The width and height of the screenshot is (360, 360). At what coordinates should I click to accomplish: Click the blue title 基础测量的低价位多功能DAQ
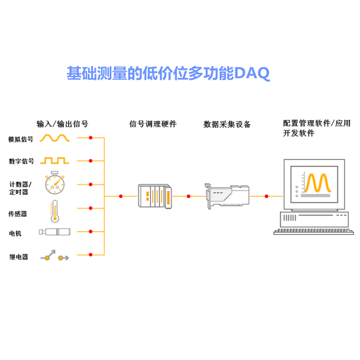pyautogui.click(x=168, y=73)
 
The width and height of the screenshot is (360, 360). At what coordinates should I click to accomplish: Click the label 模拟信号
pyautogui.click(x=21, y=139)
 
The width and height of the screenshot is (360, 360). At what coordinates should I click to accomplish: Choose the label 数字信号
pyautogui.click(x=21, y=161)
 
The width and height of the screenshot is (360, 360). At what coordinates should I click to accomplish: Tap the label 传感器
pyautogui.click(x=18, y=214)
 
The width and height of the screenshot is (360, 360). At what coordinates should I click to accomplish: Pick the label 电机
pyautogui.click(x=15, y=233)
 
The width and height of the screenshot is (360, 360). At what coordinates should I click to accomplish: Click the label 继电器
pyautogui.click(x=18, y=257)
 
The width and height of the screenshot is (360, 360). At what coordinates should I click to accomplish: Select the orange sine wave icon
pyautogui.click(x=55, y=138)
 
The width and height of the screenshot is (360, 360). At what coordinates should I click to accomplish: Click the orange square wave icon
pyautogui.click(x=55, y=160)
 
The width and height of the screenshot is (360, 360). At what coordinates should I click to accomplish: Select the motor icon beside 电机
pyautogui.click(x=55, y=232)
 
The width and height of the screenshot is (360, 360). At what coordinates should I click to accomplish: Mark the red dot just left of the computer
pyautogui.click(x=267, y=196)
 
